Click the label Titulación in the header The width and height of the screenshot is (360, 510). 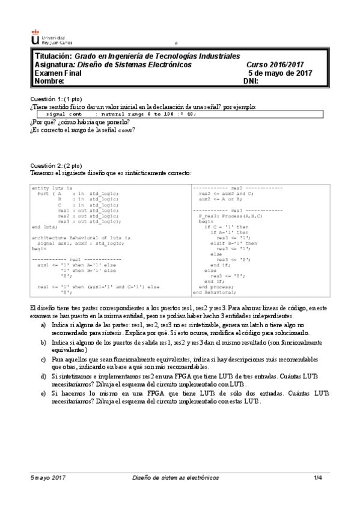click(x=53, y=56)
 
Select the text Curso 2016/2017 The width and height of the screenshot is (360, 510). click(x=275, y=64)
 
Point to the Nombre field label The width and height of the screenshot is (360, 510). click(x=49, y=81)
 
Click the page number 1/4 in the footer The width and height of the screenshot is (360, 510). click(x=318, y=494)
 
